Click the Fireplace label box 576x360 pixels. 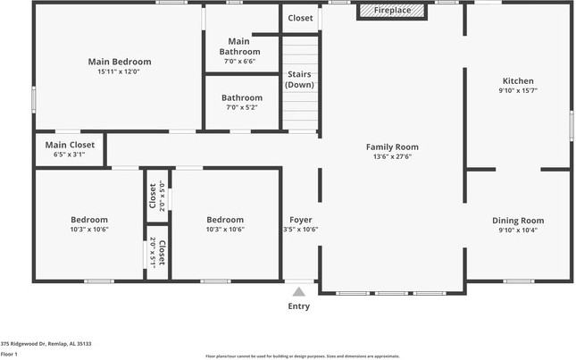point(393,11)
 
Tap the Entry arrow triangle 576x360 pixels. point(299,290)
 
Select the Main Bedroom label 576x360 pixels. point(120,62)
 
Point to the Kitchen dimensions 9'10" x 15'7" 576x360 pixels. point(518,90)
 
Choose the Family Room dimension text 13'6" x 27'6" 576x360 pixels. point(392,156)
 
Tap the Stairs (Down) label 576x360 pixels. point(299,80)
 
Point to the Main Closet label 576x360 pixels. point(70,145)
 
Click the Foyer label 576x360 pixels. point(300,220)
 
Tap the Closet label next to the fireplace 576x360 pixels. point(300,18)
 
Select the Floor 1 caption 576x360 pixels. point(10,354)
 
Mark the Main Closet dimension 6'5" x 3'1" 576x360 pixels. point(70,155)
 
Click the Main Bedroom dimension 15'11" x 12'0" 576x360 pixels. point(120,71)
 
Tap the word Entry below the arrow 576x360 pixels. point(299,306)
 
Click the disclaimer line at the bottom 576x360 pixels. point(302,356)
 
